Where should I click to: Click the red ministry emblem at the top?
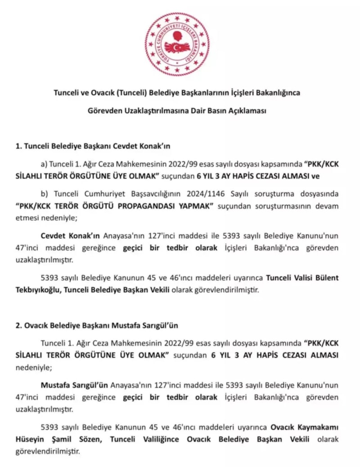point(177,44)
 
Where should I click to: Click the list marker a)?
point(44,165)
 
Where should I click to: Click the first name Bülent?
point(326,278)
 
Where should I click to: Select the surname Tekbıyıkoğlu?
point(38,290)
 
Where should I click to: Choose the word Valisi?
point(301,278)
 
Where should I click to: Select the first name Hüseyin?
point(54,439)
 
